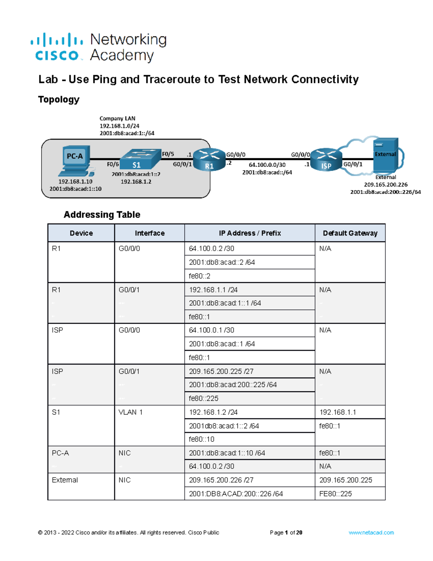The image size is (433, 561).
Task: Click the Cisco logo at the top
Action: pyautogui.click(x=57, y=47)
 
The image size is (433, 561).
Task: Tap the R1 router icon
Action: pyautogui.click(x=209, y=160)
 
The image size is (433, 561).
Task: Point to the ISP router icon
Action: pyautogui.click(x=326, y=160)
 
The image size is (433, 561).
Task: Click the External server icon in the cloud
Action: pyautogui.click(x=385, y=155)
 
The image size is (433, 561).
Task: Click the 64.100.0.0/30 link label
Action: pyautogui.click(x=267, y=165)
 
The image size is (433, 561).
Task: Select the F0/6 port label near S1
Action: pyautogui.click(x=113, y=164)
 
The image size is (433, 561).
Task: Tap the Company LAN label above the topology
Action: pyautogui.click(x=117, y=118)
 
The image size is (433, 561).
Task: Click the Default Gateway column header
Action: pyautogui.click(x=350, y=233)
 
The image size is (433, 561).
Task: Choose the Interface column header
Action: pyautogui.click(x=149, y=233)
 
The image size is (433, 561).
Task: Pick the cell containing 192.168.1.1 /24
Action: pyautogui.click(x=249, y=290)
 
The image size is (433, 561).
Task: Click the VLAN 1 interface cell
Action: pyautogui.click(x=131, y=412)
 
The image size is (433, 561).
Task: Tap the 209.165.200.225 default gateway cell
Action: pyautogui.click(x=345, y=480)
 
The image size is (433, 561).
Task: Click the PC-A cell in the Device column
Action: pyautogui.click(x=60, y=453)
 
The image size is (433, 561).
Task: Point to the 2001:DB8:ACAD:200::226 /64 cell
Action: pyautogui.click(x=236, y=494)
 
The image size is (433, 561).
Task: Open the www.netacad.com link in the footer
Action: pyautogui.click(x=371, y=532)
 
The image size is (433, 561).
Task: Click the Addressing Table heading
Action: pyautogui.click(x=102, y=215)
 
